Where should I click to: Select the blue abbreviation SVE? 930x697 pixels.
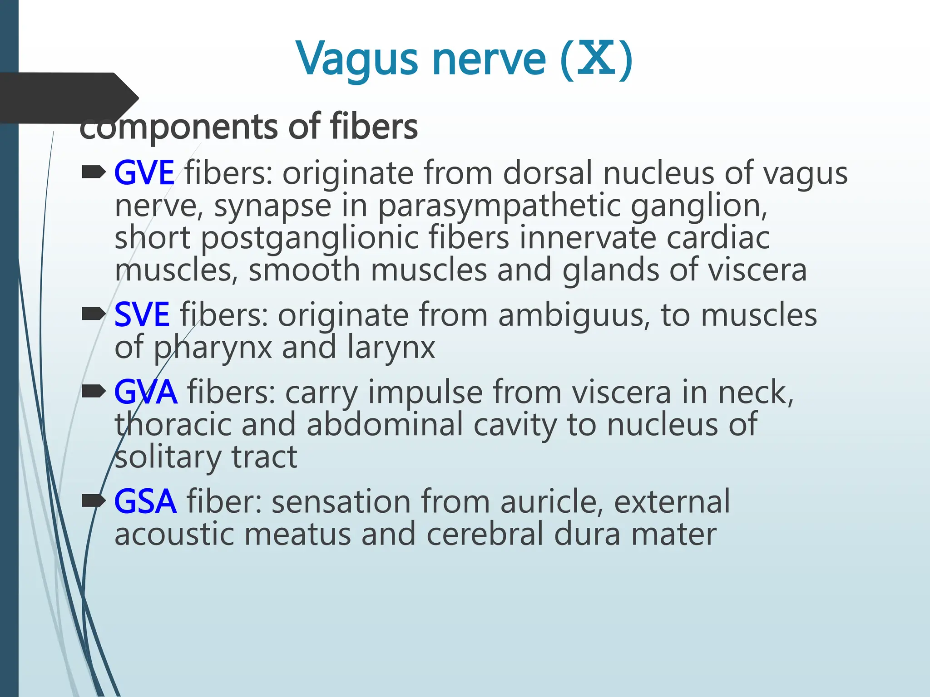(142, 314)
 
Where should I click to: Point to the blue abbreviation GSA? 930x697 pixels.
(145, 501)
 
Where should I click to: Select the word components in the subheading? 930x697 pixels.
(178, 128)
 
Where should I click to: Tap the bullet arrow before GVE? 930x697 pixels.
(93, 172)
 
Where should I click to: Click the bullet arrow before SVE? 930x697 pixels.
(93, 314)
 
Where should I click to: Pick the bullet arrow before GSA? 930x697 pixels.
(93, 501)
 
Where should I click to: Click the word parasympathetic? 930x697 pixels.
(499, 206)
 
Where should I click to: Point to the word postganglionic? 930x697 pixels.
(310, 238)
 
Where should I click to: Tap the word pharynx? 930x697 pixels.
(213, 348)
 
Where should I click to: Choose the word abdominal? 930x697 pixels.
(386, 425)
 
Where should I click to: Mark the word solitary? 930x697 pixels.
(168, 456)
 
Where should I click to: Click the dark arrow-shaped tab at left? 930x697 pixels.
(68, 98)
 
